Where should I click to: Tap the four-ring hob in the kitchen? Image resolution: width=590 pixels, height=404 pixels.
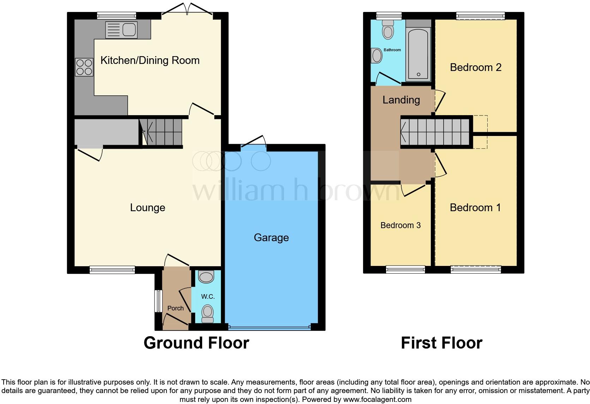coord(84,67)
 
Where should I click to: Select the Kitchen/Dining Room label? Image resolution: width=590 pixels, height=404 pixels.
coord(150,60)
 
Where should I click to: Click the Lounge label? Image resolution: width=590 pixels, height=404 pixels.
coord(147,208)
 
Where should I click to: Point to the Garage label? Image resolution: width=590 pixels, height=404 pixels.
coord(271,238)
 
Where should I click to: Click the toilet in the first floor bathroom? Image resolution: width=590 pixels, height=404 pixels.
coord(388,30)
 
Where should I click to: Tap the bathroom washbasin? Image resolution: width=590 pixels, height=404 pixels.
coord(377,56)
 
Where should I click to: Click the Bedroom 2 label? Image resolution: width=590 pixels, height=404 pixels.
coord(475,67)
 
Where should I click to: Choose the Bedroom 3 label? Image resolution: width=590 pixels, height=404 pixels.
coord(401,225)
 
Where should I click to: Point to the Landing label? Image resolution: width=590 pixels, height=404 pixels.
coord(401,100)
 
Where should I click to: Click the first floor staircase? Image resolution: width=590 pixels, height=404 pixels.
coord(435,132)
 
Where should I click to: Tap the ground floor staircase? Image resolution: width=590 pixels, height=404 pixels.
coord(162,132)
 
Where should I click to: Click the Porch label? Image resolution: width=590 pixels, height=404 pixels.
coord(175,308)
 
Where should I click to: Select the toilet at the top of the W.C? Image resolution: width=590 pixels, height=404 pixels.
coord(206,277)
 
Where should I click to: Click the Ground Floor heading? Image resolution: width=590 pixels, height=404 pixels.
coord(196,343)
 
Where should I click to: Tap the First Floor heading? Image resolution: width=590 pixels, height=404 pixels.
coord(441,343)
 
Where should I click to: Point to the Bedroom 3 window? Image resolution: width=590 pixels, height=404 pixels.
coord(405,270)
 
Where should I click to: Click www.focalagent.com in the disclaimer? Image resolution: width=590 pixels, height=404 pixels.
coord(377,400)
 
